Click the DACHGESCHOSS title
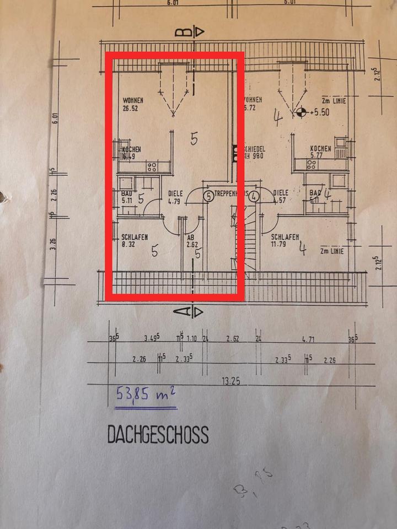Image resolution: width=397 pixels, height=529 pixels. tap(158, 435)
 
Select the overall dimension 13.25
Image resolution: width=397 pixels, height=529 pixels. tap(231, 381)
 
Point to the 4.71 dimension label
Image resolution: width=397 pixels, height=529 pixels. tap(306, 340)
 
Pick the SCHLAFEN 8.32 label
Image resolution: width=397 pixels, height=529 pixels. tap(134, 241)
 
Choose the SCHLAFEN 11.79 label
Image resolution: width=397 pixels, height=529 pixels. tap(285, 241)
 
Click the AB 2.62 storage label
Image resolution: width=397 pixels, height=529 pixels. tap(192, 241)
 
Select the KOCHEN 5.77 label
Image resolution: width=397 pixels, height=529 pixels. tap(320, 153)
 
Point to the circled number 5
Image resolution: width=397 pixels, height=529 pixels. tap(209, 195)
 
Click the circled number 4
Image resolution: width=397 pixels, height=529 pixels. tap(254, 195)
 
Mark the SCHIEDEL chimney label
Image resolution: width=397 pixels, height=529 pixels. tap(254, 149)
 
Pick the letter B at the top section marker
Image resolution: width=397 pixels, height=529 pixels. tap(180, 32)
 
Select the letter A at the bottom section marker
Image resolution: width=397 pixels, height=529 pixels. tap(180, 312)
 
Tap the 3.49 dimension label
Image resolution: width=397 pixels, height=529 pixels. tap(152, 338)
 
